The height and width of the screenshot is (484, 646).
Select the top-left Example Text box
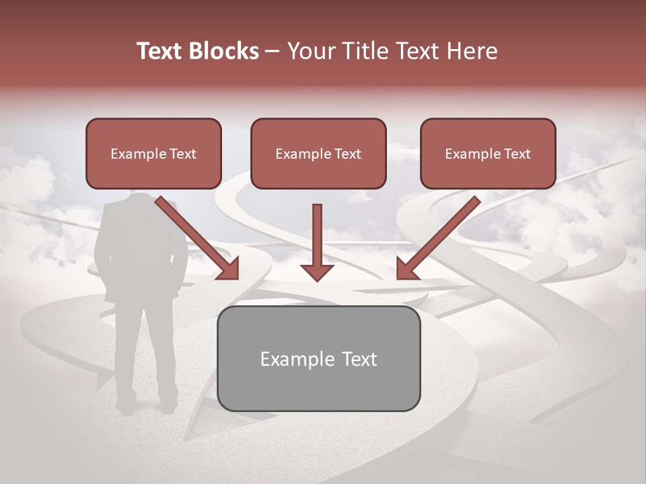153,153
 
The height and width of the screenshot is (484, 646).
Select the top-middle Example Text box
318,153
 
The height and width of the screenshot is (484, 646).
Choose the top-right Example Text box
488,153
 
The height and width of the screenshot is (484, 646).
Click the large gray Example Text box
319,358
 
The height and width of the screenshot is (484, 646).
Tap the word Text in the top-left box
182,154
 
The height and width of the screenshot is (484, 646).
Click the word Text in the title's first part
160,51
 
